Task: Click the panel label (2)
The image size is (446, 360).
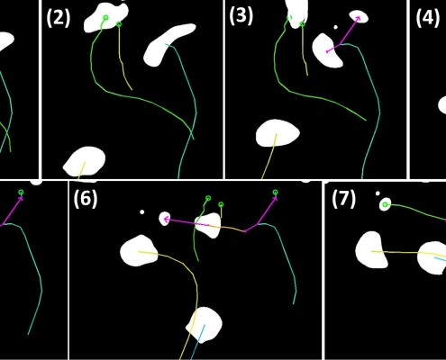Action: coord(59,18)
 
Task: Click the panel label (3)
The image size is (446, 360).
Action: coord(241,15)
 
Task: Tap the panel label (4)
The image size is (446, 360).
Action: coord(428,18)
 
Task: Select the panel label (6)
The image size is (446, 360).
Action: coord(86,198)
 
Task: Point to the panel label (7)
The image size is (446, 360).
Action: coord(344,199)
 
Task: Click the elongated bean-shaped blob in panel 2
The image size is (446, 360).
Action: coord(168,44)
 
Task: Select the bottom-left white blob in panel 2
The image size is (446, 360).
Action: coord(85,161)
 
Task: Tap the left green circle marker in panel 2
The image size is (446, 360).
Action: coord(105,18)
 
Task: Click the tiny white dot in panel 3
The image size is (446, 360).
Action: coord(335,27)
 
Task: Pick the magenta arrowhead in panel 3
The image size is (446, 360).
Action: coord(358,19)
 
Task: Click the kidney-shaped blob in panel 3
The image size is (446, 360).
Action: coord(327,50)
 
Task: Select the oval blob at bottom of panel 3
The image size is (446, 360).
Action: coord(278,133)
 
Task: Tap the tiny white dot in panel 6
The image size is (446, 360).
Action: coord(142,212)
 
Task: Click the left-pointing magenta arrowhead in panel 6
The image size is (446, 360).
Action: coord(166,220)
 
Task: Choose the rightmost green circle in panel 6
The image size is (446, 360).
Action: coord(276,192)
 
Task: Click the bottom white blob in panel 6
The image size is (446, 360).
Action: coord(205,325)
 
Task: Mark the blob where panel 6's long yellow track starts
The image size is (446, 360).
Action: coord(140,251)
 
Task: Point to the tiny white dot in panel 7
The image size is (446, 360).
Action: coord(378,193)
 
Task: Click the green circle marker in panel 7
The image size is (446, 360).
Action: coord(385,205)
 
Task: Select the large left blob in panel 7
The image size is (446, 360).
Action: coord(371,249)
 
